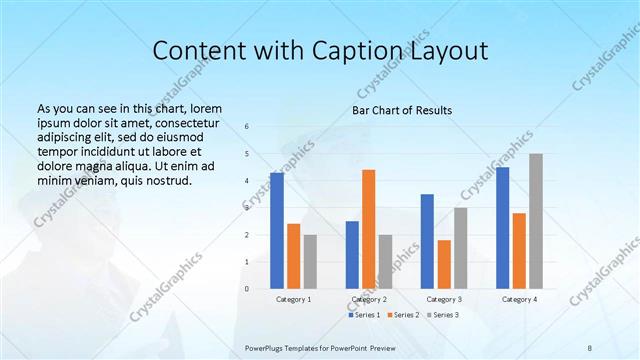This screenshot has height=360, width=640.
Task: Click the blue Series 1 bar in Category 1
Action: tap(277, 230)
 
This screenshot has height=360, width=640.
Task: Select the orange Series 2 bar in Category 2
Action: tap(368, 229)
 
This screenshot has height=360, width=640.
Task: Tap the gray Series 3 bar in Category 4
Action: tap(536, 221)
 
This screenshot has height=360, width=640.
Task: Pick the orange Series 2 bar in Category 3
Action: tap(444, 264)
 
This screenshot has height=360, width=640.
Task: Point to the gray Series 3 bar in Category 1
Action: tap(310, 261)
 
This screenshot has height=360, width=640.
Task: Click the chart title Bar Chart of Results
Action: tap(402, 110)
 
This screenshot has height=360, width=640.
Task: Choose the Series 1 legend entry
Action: tap(364, 315)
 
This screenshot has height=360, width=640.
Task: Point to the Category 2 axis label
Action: tap(368, 299)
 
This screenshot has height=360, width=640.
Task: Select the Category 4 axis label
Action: tap(519, 299)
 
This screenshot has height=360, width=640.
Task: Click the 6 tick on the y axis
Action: tap(247, 126)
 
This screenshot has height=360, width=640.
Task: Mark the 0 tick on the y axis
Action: tap(247, 289)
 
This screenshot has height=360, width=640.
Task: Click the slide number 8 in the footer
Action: tap(589, 346)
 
